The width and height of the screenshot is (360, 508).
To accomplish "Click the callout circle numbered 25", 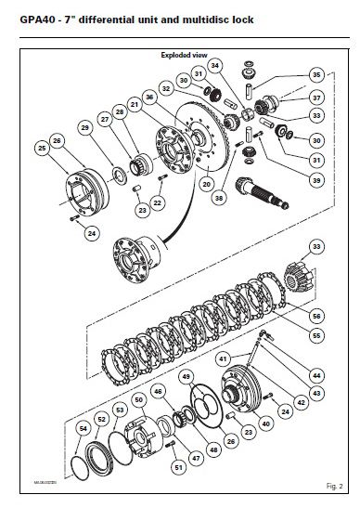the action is (x=42, y=147).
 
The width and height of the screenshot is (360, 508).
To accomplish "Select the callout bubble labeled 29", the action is (x=84, y=127).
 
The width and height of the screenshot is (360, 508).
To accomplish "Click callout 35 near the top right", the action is (x=316, y=74).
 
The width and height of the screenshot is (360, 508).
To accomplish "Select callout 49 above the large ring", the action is (x=186, y=376).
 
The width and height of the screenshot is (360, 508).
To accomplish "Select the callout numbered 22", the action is (x=159, y=202).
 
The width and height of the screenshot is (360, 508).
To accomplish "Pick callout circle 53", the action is (x=118, y=409).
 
